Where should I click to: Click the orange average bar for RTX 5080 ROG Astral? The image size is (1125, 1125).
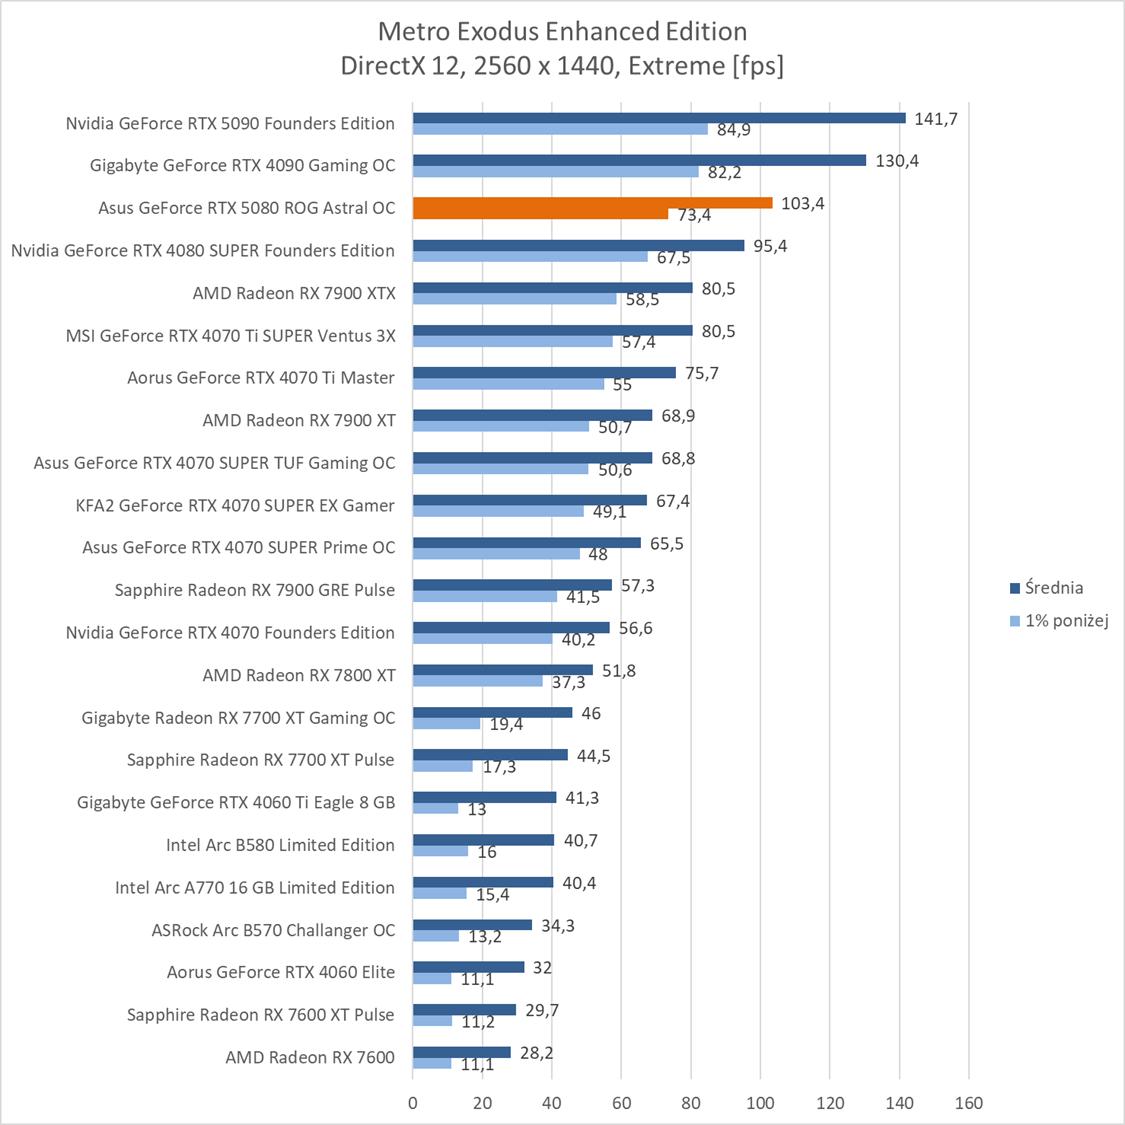point(592,203)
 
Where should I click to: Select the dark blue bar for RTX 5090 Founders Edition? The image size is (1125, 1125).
point(659,118)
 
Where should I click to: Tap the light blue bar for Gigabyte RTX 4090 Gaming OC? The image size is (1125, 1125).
point(555,171)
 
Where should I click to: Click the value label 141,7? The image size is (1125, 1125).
point(936,119)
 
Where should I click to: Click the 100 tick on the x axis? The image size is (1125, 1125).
point(760,1104)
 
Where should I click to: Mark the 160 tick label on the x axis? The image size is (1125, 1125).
point(969,1104)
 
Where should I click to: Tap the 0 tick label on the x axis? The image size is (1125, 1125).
point(413,1104)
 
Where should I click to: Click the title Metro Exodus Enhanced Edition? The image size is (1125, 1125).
point(562,31)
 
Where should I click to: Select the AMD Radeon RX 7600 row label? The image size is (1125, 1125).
point(310,1057)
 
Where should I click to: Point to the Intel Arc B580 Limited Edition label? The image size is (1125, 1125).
point(280,845)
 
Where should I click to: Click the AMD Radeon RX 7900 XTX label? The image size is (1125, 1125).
point(294,293)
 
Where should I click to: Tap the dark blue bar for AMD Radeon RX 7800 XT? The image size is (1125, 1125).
point(502,670)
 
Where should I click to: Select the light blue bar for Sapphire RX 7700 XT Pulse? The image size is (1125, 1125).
point(443,766)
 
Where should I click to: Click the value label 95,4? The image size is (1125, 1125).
point(770,246)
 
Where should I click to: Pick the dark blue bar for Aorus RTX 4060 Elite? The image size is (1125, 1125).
point(468,967)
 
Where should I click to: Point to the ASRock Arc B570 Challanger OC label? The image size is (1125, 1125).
point(273,930)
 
